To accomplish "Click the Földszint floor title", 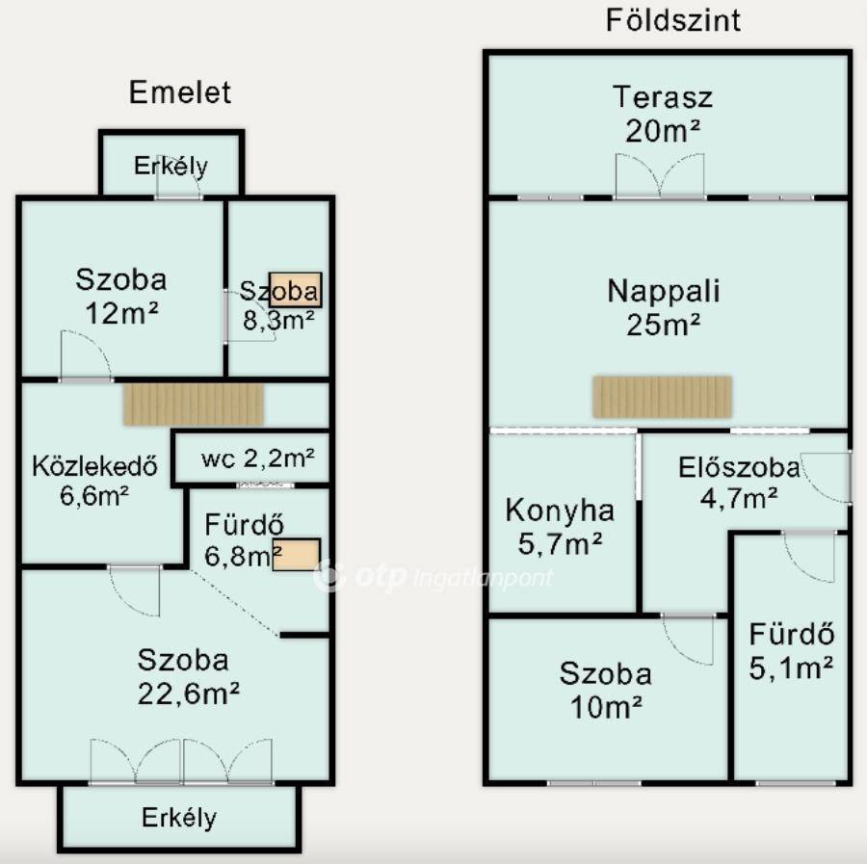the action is point(673,20).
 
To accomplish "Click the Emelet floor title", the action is point(180,92).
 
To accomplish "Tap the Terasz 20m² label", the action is point(663,114).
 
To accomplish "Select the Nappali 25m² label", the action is point(663,307).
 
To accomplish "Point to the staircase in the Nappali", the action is point(663,396).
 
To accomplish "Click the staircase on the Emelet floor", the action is point(194,405).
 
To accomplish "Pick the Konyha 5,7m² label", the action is point(560,527).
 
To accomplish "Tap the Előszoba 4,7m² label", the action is point(739,483).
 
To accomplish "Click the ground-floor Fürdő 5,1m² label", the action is point(791,651).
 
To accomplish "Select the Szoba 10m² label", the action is point(606,690).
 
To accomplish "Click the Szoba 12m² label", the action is point(121,296).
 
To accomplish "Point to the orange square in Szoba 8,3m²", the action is point(296,290).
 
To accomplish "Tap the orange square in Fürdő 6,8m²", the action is point(297,555).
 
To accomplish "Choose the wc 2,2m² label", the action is point(257,458).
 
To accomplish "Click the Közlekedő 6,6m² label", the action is point(94,481).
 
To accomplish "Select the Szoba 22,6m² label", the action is point(188,676).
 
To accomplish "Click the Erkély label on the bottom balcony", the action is point(179,818).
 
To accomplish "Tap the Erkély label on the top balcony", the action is point(171,166).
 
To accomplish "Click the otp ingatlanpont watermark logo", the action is point(433,576).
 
